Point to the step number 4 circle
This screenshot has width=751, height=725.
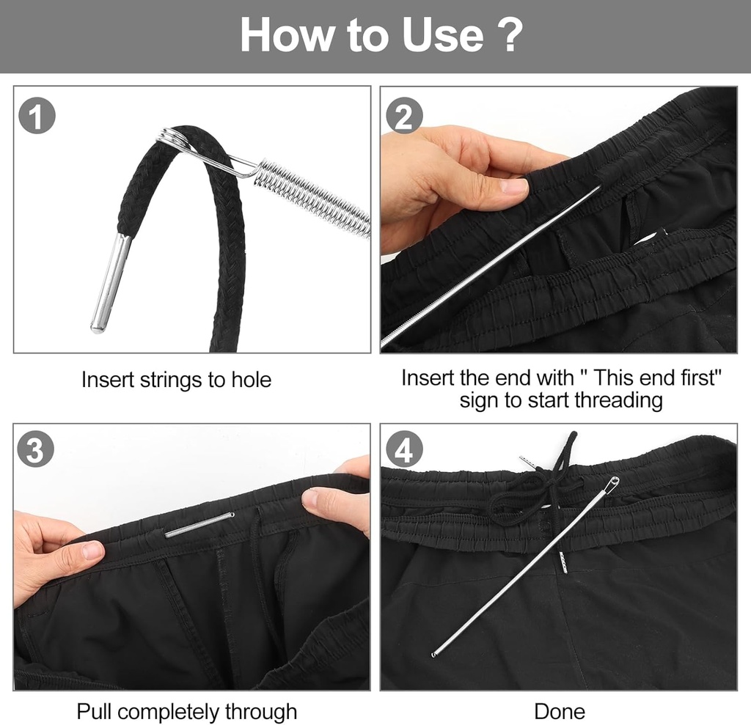[404, 451]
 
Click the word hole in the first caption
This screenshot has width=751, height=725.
[247, 380]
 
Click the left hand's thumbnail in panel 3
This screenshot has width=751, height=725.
[92, 550]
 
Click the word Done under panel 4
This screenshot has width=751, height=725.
[559, 711]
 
